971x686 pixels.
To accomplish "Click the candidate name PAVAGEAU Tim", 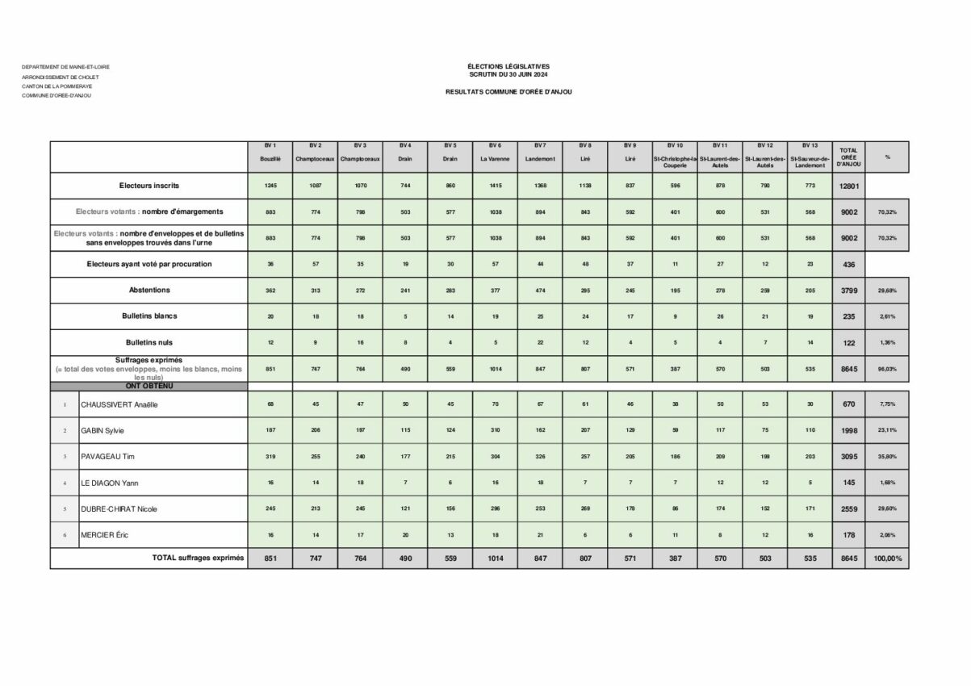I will [x=107, y=457].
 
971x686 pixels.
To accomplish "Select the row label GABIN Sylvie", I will [x=102, y=430].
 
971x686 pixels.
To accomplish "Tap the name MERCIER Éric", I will [x=104, y=535].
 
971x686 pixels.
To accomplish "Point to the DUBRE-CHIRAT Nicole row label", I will [x=119, y=509].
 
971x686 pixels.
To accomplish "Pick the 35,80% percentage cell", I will [x=886, y=457].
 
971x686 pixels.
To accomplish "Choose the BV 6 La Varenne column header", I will [x=495, y=153].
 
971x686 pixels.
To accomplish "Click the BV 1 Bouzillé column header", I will [x=270, y=153].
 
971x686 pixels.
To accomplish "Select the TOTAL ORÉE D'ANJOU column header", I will [x=848, y=157].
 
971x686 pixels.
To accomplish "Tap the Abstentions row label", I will [x=149, y=290].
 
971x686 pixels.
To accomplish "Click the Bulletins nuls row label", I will [x=149, y=342].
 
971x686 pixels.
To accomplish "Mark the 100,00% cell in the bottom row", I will [x=886, y=558].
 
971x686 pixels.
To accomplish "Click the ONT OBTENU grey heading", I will [x=149, y=386].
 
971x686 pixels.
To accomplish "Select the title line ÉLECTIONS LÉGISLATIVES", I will [x=509, y=66].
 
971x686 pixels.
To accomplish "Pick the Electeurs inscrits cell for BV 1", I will [x=270, y=186].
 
